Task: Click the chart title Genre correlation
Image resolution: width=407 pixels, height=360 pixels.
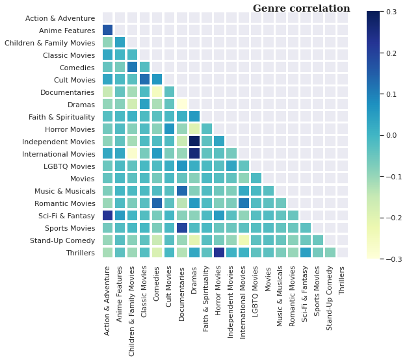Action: (x=301, y=8)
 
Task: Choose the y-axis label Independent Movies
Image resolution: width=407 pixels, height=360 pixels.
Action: (x=59, y=142)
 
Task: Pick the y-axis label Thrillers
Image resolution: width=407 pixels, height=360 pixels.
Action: (x=77, y=253)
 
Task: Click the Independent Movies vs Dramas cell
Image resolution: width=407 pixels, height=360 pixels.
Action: (x=194, y=141)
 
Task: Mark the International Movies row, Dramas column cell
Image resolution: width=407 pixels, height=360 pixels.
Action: (x=194, y=153)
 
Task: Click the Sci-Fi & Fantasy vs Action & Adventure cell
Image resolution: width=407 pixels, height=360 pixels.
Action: (x=107, y=215)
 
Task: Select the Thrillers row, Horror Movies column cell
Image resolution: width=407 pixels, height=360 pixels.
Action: (x=218, y=252)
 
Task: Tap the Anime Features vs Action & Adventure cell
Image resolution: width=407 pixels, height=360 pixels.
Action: (x=107, y=30)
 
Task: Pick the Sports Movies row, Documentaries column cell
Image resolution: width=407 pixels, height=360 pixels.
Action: (x=181, y=227)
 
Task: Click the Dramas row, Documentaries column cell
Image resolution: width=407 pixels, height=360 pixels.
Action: (x=181, y=104)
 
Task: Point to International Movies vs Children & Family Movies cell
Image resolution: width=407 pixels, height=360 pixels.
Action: (x=132, y=153)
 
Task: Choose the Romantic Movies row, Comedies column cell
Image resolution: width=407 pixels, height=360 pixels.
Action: (x=157, y=203)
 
